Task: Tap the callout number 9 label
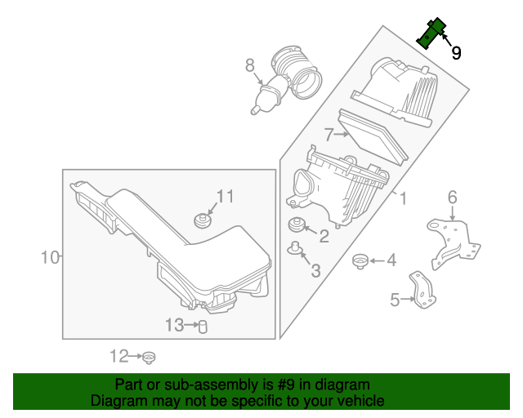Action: tap(456, 53)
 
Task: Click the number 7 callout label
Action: tap(329, 134)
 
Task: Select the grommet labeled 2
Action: tap(295, 225)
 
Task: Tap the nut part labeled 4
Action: tap(358, 261)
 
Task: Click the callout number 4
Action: tap(391, 260)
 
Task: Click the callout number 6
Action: tap(452, 197)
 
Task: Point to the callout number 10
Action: tap(51, 258)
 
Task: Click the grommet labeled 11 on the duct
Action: tap(201, 220)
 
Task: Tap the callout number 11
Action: tap(225, 196)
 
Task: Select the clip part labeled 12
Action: tap(149, 357)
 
